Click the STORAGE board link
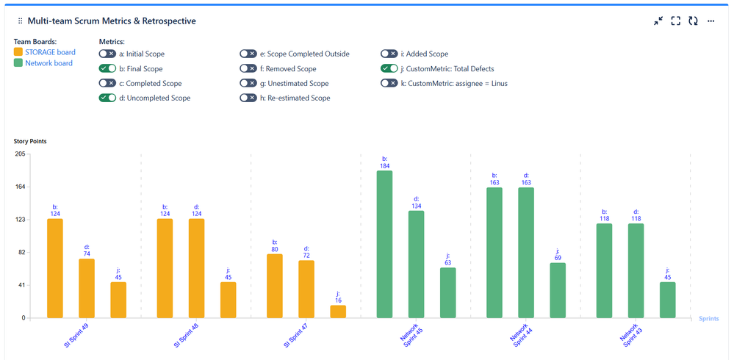tap(50, 52)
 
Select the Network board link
tap(48, 63)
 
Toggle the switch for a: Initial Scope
tap(107, 54)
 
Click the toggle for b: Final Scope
tap(107, 68)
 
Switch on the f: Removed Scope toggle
tap(248, 68)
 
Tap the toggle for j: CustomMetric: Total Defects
tap(389, 68)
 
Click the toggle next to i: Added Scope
tap(389, 54)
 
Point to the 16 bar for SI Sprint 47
tap(338, 312)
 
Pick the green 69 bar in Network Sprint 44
tap(558, 290)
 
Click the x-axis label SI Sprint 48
tap(187, 334)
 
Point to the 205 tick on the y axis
tap(20, 154)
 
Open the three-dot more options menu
tap(711, 21)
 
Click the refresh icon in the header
tap(693, 21)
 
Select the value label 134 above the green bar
tap(417, 205)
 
